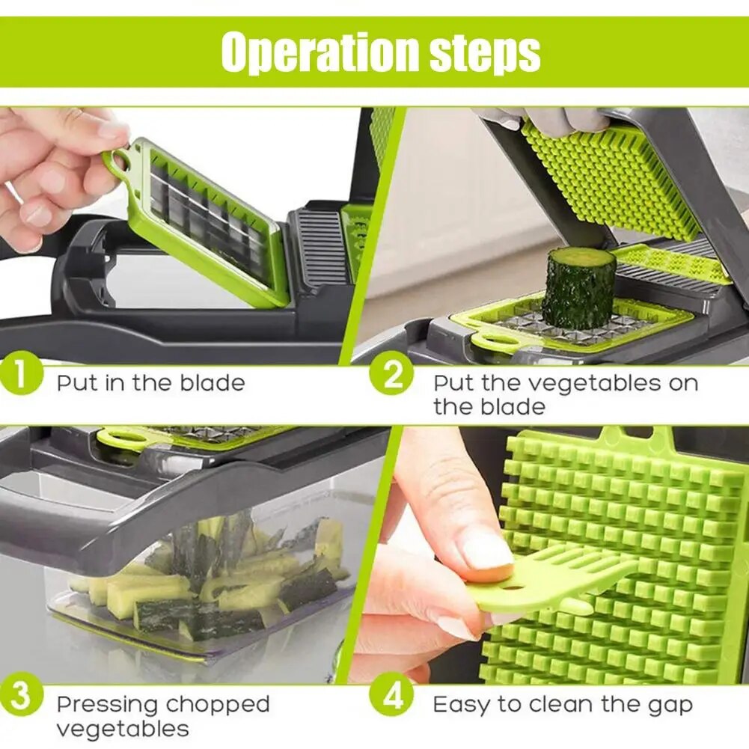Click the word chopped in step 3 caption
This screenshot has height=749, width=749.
click(x=218, y=705)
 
